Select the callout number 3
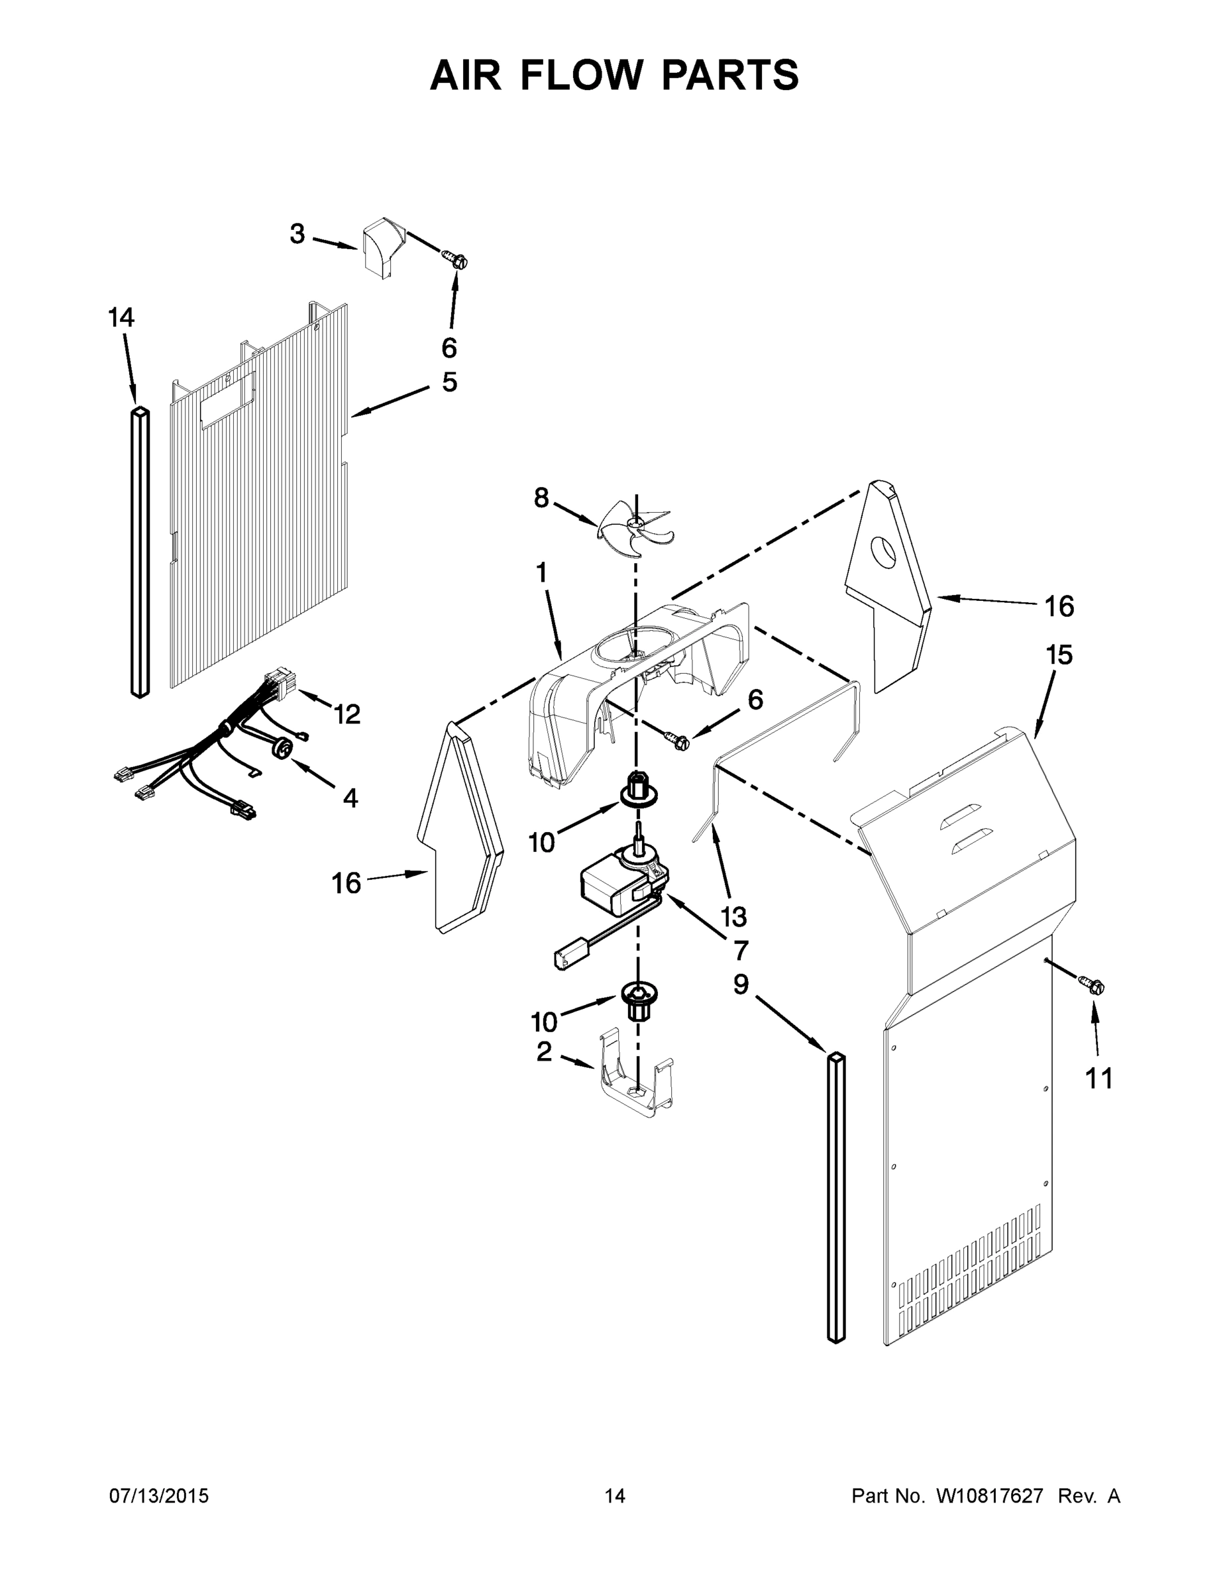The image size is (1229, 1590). pyautogui.click(x=297, y=235)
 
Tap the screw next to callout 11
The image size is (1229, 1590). pyautogui.click(x=1095, y=986)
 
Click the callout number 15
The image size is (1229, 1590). pyautogui.click(x=1059, y=655)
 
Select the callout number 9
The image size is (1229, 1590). pyautogui.click(x=740, y=984)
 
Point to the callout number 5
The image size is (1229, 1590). pyautogui.click(x=449, y=382)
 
